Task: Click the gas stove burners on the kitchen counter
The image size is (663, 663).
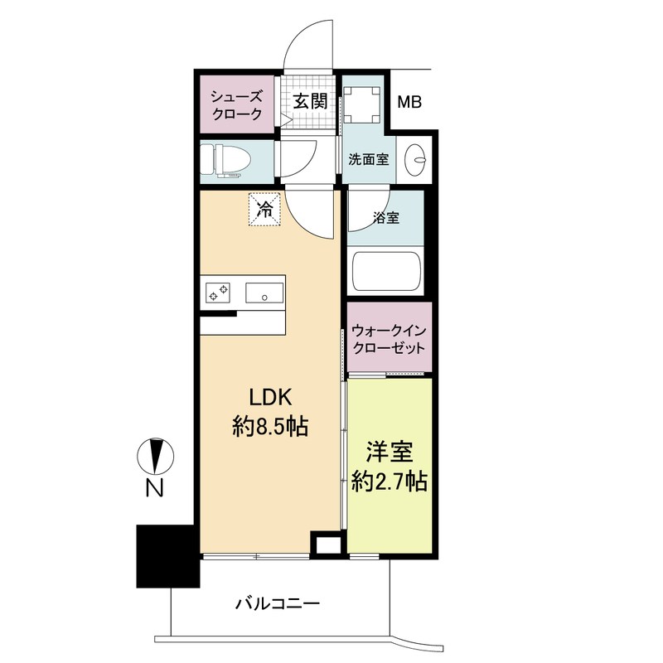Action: click(219, 292)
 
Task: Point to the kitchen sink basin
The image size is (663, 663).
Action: click(264, 292)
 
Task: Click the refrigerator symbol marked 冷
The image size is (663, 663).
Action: click(265, 209)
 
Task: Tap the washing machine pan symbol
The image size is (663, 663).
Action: click(363, 104)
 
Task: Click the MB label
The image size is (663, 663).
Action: click(409, 103)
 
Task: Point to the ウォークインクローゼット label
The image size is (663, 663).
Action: click(389, 338)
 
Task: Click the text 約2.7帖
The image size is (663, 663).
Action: click(390, 482)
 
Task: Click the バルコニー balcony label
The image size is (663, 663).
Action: click(278, 603)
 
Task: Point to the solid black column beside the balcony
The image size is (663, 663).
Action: click(167, 556)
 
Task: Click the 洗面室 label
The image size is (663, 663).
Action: click(369, 159)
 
